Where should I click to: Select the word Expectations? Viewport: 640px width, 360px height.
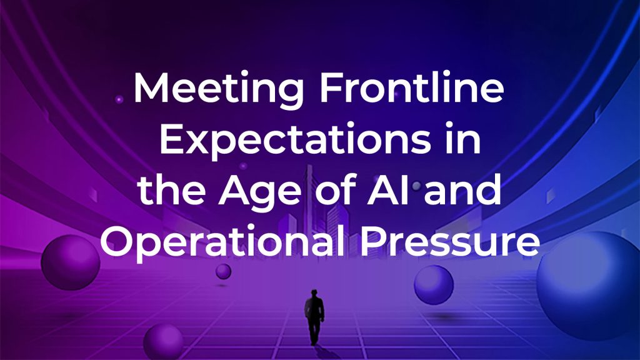(x=295, y=140)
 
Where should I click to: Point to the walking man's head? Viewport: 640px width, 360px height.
(x=314, y=293)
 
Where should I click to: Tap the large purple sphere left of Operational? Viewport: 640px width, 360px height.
(x=71, y=262)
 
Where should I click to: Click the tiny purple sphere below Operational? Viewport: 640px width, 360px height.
(x=223, y=271)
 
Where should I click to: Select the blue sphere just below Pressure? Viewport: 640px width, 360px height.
(x=434, y=285)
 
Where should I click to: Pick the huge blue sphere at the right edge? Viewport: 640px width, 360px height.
(x=590, y=286)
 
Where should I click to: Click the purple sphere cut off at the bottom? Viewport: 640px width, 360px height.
(x=163, y=342)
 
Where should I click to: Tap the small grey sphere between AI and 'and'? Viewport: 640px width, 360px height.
(x=416, y=186)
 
